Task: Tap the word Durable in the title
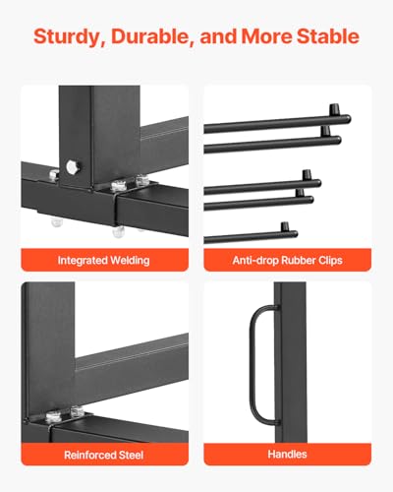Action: point(147,37)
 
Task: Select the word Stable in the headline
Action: point(325,37)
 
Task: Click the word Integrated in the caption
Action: point(83,261)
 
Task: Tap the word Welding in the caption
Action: point(130,261)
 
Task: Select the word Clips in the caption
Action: point(330,261)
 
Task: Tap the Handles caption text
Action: point(287,454)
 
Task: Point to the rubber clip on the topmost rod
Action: point(342,119)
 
